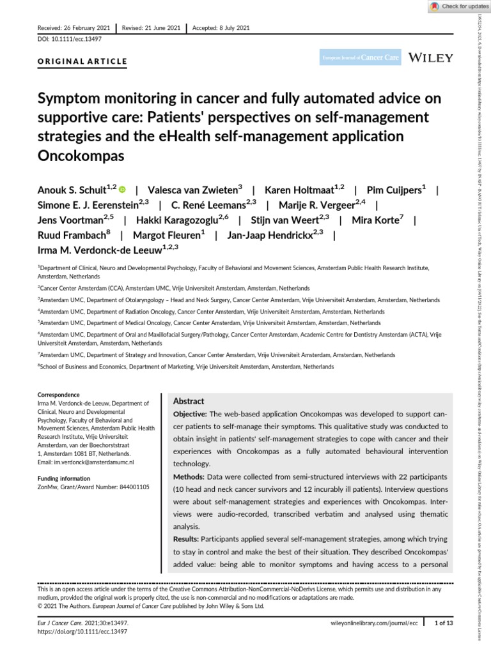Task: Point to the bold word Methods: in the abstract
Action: pyautogui.click(x=188, y=478)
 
